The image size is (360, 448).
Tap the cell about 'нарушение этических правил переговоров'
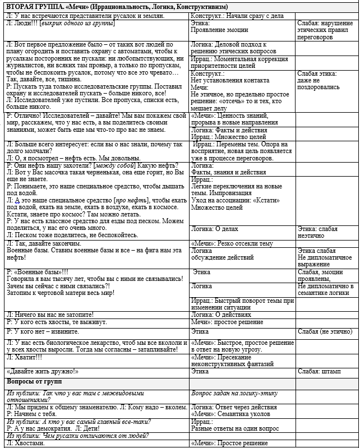point(325,30)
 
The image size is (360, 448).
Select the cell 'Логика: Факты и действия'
point(224,130)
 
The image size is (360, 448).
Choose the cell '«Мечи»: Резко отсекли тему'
point(232,243)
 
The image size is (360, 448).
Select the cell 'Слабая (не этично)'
point(325,331)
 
